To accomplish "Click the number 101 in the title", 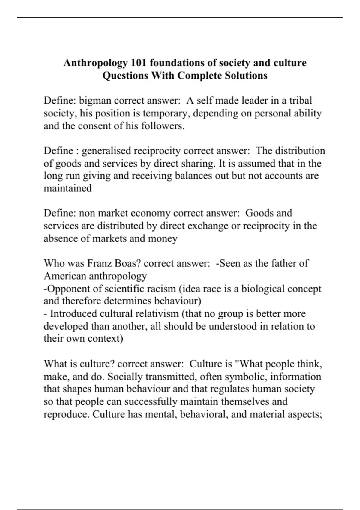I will coord(139,63).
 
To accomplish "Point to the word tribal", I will coord(301,100).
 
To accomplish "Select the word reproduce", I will coord(67,414).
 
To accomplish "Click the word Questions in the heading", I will coord(125,75).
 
